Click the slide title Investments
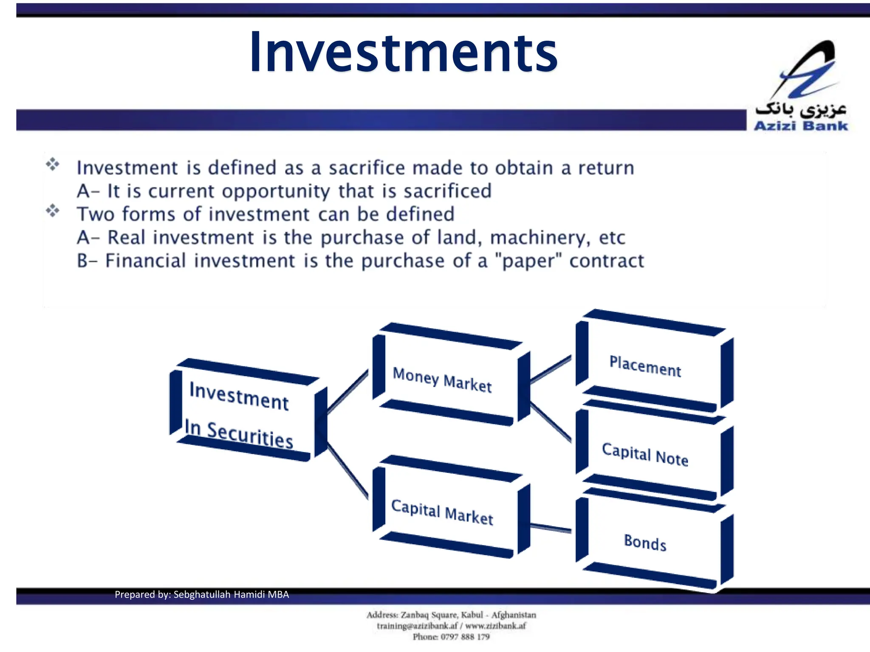click(x=404, y=53)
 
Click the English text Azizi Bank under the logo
click(x=801, y=126)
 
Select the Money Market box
click(x=446, y=378)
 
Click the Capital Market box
click(x=446, y=509)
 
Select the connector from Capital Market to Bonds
click(x=551, y=528)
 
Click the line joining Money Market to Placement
click(x=551, y=370)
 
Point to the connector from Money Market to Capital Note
click(x=551, y=422)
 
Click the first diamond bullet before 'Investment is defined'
click(x=53, y=164)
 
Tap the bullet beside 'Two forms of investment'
click(x=53, y=210)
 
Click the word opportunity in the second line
click(x=276, y=191)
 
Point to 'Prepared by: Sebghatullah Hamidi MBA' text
click(x=202, y=594)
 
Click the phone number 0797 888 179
click(x=465, y=637)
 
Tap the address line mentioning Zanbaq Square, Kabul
click(x=451, y=615)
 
